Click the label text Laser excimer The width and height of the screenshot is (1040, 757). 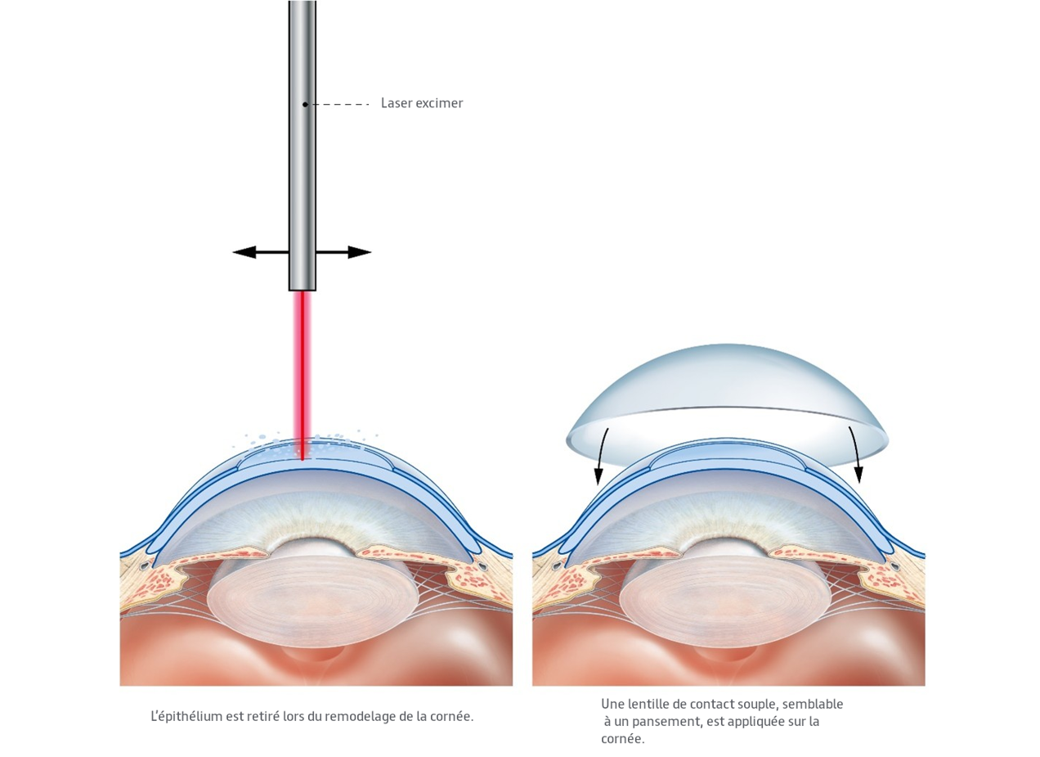pyautogui.click(x=421, y=103)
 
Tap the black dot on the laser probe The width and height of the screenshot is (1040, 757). pyautogui.click(x=305, y=104)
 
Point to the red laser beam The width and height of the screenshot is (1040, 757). pyautogui.click(x=303, y=368)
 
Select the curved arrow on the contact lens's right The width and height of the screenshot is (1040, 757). pyautogui.click(x=855, y=454)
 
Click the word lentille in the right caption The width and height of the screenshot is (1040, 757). pyautogui.click(x=650, y=704)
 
